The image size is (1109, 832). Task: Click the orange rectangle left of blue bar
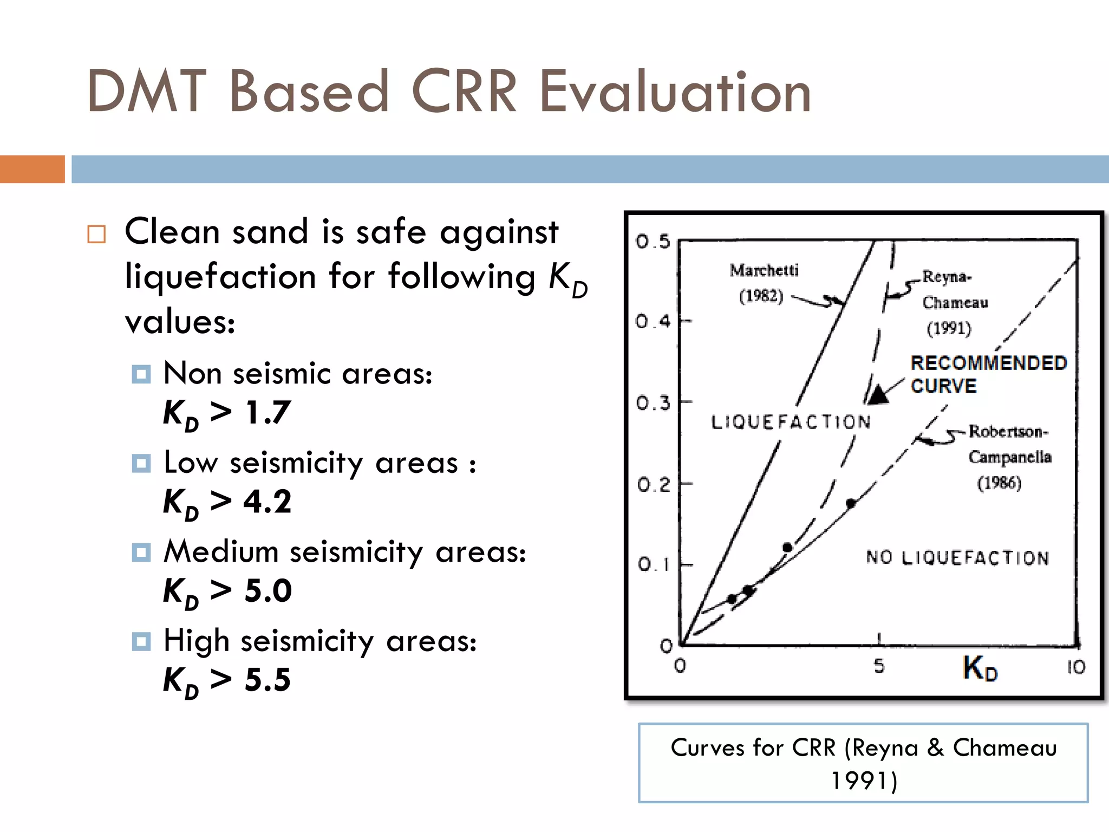click(32, 169)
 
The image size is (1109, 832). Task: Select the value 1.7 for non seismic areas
click(268, 412)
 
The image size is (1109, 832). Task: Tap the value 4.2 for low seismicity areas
click(267, 501)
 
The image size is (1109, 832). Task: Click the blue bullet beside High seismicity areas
click(141, 641)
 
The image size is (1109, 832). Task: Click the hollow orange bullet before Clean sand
click(96, 234)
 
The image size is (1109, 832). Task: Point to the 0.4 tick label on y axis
click(653, 321)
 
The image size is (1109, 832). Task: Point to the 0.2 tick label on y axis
click(654, 484)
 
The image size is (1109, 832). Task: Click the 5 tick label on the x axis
click(879, 666)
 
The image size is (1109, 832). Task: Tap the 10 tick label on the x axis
click(1076, 667)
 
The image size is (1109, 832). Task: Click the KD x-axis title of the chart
click(980, 667)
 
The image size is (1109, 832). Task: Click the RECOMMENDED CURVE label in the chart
click(988, 374)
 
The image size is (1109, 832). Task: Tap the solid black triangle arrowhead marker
click(878, 395)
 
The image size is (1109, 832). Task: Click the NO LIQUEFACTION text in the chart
click(957, 557)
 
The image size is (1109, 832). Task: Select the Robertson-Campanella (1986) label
click(1008, 457)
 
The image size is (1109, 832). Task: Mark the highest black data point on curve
click(851, 503)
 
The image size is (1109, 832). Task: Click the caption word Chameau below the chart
click(1004, 747)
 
